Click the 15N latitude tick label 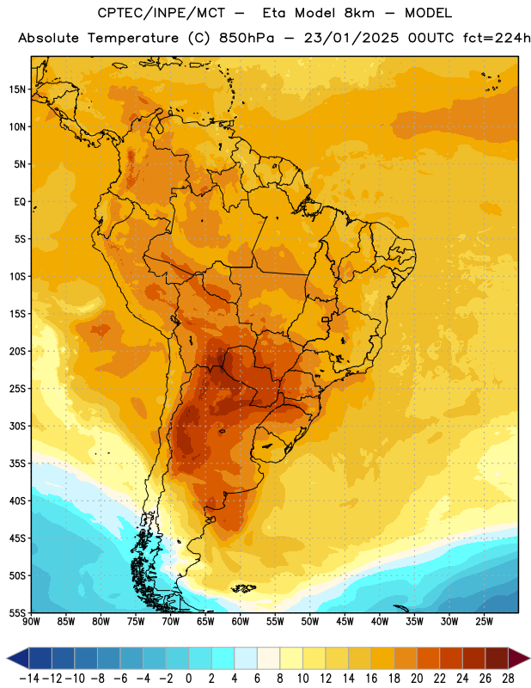(17, 89)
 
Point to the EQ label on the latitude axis (20, 202)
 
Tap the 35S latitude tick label (17, 464)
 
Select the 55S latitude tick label (17, 612)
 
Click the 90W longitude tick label (31, 622)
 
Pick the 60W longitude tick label (241, 622)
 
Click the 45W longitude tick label (345, 622)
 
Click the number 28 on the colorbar (508, 679)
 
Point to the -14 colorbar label (29, 679)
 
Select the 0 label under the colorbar (188, 679)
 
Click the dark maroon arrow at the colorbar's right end (519, 658)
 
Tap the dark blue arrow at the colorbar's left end (18, 658)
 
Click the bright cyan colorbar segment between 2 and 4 (223, 658)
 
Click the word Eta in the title (274, 13)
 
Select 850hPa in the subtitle (247, 38)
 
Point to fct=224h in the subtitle (497, 38)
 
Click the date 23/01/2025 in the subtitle (351, 38)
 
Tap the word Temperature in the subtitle (133, 38)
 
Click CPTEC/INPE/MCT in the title (162, 14)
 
